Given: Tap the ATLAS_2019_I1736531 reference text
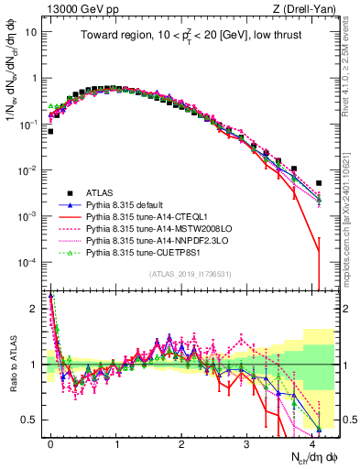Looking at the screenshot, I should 189,274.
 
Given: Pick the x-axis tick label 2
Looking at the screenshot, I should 181,441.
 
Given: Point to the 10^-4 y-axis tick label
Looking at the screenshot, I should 29,262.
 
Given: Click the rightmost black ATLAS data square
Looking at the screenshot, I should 318,183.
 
